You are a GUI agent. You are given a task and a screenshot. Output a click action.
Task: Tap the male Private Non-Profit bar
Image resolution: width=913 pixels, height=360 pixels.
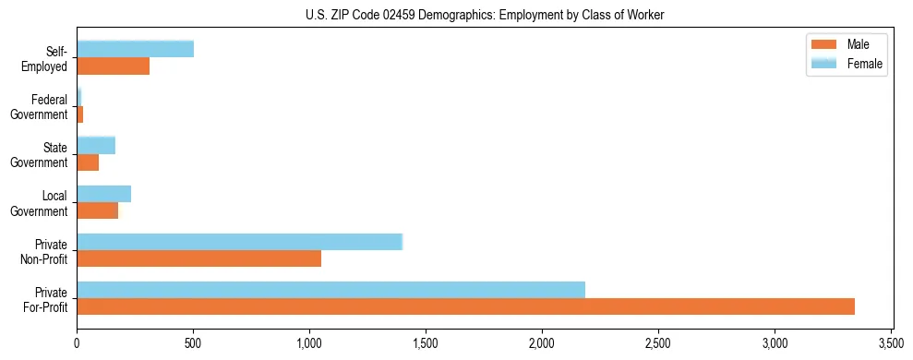click(198, 258)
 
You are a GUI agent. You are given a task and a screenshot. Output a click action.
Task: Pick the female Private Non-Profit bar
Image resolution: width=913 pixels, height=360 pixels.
click(239, 242)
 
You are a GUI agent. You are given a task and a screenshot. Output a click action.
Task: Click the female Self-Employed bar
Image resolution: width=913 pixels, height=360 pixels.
click(135, 49)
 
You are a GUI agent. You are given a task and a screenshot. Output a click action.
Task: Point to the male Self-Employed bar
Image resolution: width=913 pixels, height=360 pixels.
click(113, 66)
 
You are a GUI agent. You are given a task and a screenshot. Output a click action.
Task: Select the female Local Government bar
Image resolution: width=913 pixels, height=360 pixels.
click(103, 194)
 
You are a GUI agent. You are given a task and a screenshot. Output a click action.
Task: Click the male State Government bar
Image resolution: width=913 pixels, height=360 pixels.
click(88, 162)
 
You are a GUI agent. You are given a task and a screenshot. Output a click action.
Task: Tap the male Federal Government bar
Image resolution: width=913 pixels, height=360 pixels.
click(80, 114)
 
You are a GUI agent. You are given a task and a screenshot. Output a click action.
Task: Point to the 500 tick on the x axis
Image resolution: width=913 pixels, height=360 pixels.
click(193, 342)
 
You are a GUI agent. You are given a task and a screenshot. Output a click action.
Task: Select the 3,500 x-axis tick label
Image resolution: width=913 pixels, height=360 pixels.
click(891, 342)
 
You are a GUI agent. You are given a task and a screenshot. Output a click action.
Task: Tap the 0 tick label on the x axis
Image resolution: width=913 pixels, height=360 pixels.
click(77, 342)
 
